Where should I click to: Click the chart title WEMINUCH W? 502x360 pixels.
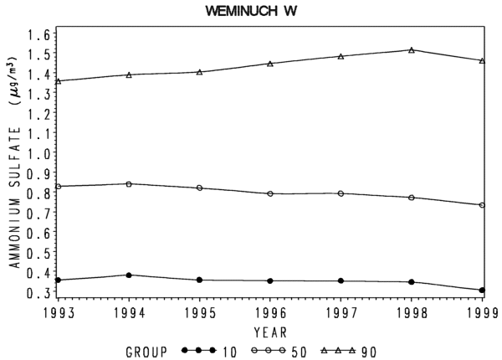251,11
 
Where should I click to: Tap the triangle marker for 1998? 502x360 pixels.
412,50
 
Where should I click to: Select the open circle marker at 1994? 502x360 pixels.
129,184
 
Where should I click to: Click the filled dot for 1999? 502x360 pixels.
482,291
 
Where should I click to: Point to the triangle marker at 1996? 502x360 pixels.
270,64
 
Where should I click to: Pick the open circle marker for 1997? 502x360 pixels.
341,193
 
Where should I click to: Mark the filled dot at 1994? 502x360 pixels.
129,275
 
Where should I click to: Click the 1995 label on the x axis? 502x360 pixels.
200,314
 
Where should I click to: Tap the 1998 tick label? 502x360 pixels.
412,314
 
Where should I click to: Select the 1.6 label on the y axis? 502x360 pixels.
38,34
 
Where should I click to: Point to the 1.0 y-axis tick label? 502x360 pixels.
38,154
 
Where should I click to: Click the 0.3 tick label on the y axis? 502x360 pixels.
38,292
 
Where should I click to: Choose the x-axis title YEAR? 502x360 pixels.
270,332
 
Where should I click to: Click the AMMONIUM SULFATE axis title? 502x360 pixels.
14,198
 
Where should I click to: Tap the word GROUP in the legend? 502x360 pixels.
146,352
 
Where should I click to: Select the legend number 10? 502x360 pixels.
229,352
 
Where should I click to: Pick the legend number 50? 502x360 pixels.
299,352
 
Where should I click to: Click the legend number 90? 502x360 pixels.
369,352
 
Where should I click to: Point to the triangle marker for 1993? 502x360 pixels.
58,81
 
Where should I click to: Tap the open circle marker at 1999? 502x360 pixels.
482,205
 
